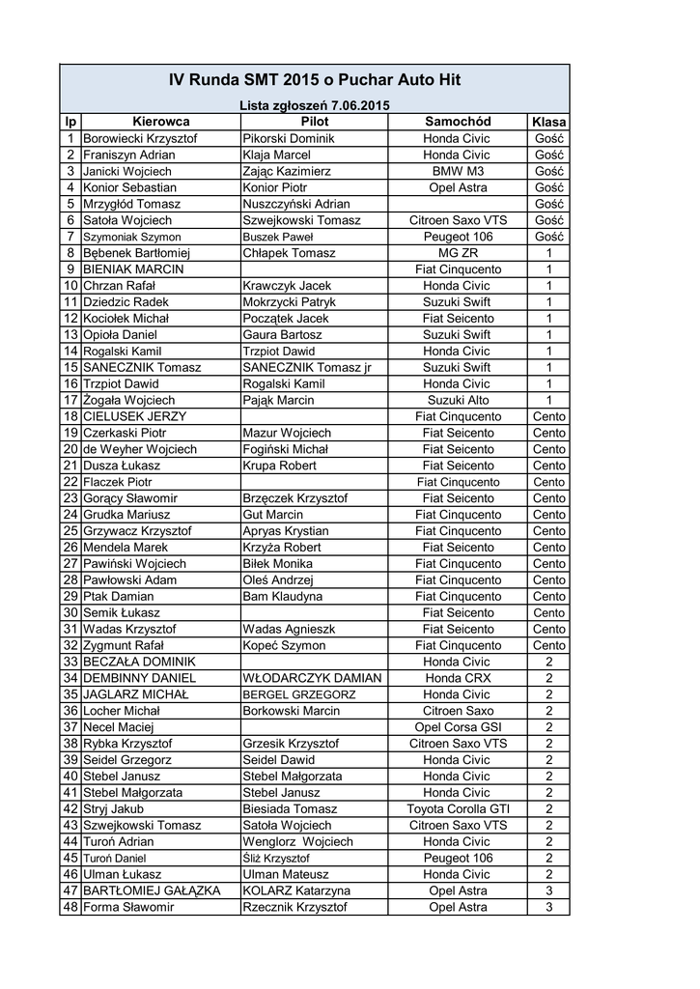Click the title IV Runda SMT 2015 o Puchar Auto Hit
click(x=314, y=81)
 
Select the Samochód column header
click(x=458, y=122)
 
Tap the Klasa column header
click(x=548, y=123)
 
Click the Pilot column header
click(x=315, y=122)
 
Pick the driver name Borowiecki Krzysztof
click(x=140, y=139)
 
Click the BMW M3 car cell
click(x=458, y=171)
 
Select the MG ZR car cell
click(x=458, y=253)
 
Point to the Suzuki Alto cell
click(x=458, y=400)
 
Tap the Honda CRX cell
click(x=458, y=678)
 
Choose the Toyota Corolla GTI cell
click(x=458, y=808)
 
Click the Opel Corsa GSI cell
click(x=458, y=727)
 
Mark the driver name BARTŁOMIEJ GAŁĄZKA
click(x=152, y=890)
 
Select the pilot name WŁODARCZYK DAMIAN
click(x=312, y=678)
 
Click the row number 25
click(x=70, y=531)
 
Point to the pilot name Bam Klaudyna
click(x=282, y=597)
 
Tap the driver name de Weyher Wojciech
click(x=140, y=449)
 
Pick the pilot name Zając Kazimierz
click(x=287, y=171)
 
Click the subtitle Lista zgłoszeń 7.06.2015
click(x=314, y=104)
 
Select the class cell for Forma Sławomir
click(x=548, y=907)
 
